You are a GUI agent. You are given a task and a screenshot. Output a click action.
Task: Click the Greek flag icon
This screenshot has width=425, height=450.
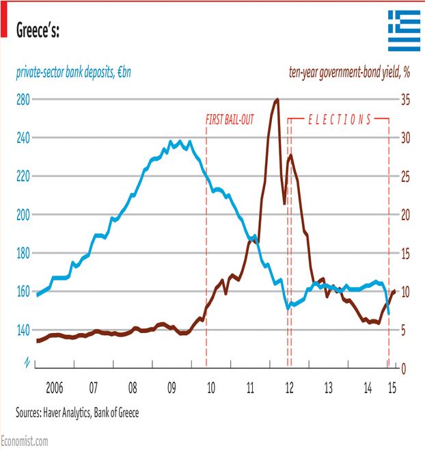pos(405,31)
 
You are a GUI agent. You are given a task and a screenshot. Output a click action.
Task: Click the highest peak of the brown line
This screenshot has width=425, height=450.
pos(277,100)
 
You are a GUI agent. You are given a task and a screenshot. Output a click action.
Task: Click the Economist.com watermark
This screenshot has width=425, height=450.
pos(25,442)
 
